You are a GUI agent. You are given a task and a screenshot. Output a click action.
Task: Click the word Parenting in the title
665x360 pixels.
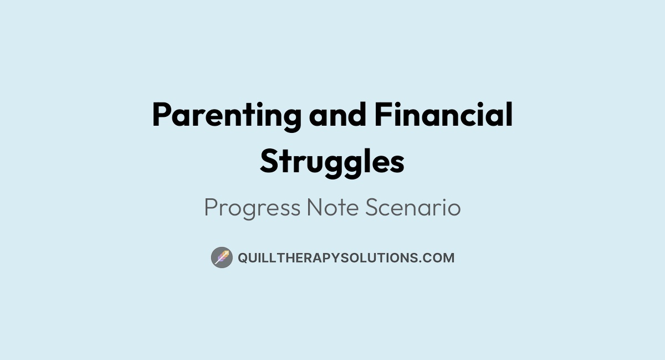click(227, 116)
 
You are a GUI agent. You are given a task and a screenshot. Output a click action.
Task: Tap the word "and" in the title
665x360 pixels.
click(338, 116)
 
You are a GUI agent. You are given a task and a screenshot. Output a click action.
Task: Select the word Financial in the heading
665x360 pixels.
click(443, 116)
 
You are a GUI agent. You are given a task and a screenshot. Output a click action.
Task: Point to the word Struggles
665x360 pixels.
click(332, 162)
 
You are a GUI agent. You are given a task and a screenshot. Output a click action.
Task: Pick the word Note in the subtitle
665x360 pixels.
click(334, 208)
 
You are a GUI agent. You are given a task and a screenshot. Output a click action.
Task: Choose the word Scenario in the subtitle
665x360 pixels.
click(413, 208)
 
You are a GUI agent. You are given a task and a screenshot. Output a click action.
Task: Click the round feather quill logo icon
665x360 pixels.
click(222, 258)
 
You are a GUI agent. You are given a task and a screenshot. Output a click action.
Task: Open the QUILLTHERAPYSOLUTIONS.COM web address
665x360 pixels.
click(346, 258)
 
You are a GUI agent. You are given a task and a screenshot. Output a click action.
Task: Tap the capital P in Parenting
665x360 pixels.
click(161, 116)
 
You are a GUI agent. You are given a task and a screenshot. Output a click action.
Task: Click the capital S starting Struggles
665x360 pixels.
click(269, 162)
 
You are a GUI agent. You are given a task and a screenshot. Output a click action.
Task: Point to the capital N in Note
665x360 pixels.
click(316, 208)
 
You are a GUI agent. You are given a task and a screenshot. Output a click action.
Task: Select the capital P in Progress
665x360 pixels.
click(211, 208)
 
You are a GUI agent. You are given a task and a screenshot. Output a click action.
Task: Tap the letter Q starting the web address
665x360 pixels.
click(242, 258)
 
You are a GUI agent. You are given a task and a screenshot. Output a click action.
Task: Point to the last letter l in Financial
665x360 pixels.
click(509, 115)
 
